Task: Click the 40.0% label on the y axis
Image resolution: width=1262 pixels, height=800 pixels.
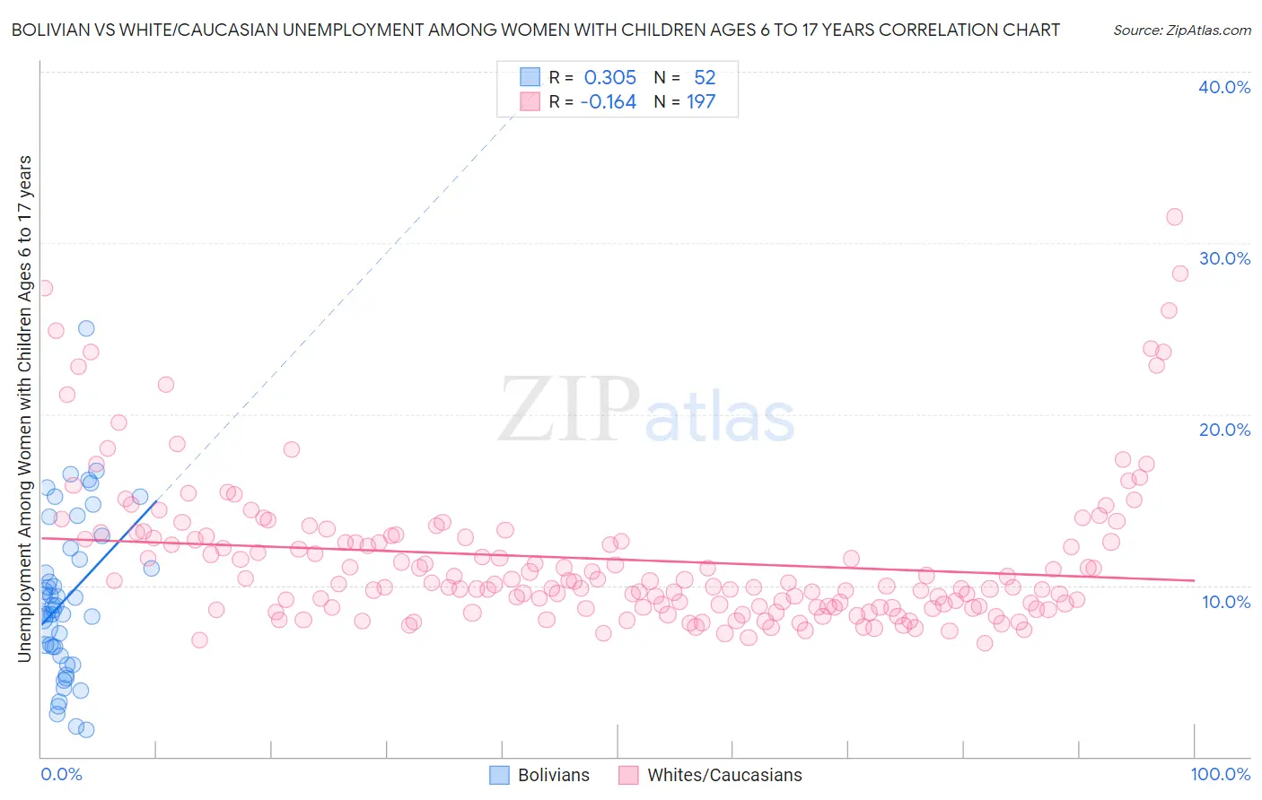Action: (1224, 87)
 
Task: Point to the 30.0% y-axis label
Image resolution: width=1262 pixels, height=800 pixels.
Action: (1224, 258)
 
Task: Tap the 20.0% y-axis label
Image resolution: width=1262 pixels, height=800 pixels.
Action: (1224, 430)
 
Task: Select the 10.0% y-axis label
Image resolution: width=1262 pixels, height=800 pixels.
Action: (1226, 602)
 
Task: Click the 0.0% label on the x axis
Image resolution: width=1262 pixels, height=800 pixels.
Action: (61, 774)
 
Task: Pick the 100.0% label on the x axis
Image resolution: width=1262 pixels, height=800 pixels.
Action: (1220, 774)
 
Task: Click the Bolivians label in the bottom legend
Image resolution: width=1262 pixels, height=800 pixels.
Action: (554, 775)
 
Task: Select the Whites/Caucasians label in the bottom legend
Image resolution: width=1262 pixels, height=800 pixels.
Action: (724, 775)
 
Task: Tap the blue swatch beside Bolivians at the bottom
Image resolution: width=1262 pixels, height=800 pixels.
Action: (499, 775)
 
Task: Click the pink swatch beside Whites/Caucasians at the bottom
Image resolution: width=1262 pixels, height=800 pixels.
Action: (628, 775)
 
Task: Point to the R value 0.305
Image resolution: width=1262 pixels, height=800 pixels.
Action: (609, 77)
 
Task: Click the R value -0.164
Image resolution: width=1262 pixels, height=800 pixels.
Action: (608, 102)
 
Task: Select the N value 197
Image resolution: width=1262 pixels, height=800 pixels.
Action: (701, 102)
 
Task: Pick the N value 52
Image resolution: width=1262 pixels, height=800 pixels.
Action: (705, 77)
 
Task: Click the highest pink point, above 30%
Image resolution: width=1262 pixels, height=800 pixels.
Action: (1174, 216)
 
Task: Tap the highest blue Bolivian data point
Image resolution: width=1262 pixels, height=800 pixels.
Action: (86, 328)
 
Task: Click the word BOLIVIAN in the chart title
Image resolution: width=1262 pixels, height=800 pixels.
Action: (55, 30)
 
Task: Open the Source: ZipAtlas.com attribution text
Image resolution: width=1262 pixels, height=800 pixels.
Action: (1181, 30)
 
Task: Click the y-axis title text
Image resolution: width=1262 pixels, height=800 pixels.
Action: (24, 409)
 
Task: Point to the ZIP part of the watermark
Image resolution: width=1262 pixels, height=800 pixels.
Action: (569, 410)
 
